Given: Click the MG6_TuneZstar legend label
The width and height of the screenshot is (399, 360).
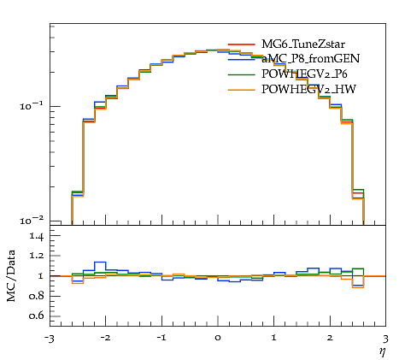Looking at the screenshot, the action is tap(303, 44).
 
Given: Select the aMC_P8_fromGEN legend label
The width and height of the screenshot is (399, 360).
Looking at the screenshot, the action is tap(310, 58).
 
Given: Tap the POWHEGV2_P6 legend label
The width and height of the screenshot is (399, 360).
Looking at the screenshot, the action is tap(304, 74).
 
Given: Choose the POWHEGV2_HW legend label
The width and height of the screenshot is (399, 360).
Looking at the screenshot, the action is tap(308, 90).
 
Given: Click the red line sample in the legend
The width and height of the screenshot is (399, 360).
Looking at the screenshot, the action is tap(241, 44).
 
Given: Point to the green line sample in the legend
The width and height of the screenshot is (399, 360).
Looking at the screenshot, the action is tap(241, 74).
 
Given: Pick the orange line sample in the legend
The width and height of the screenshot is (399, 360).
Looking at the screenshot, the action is tap(241, 90).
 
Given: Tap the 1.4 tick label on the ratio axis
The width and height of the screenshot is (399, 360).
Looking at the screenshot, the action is tap(37, 236).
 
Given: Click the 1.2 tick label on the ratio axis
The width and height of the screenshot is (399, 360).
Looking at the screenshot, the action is tap(37, 256).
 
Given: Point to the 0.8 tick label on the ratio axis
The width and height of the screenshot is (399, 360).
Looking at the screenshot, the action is tap(37, 296).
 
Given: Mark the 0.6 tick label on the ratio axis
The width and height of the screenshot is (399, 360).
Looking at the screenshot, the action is tap(37, 316).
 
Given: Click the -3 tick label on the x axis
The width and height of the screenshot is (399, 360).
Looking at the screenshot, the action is tap(50, 339).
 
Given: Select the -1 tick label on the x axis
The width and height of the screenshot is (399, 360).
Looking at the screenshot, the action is tap(161, 338).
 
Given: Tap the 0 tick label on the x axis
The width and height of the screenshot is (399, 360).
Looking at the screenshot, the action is tap(218, 338).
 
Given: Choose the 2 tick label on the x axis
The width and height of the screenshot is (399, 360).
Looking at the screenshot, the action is tap(330, 338).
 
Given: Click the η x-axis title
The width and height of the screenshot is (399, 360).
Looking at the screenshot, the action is tap(382, 352).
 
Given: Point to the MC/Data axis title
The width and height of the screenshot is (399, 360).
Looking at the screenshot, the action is tap(11, 275).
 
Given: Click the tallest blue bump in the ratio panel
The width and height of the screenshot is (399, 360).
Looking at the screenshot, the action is tap(100, 262).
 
